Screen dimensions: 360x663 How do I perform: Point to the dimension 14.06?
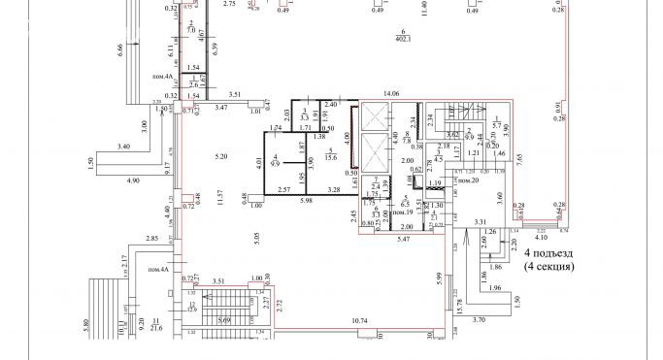tap(392, 93)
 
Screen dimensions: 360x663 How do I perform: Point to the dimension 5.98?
tap(306, 200)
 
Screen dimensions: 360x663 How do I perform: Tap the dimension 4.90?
tap(132, 180)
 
